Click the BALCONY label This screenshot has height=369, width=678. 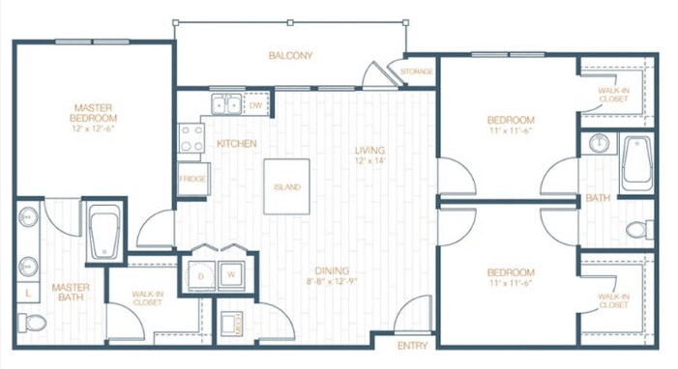[x=290, y=55]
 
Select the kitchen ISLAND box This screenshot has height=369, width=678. [x=286, y=186]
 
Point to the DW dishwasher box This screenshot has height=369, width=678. [x=255, y=103]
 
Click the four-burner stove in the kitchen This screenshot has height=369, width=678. [x=191, y=139]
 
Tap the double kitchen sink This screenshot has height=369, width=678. [x=227, y=103]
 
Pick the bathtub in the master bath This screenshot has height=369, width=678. [x=103, y=232]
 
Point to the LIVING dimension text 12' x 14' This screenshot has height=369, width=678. [x=368, y=161]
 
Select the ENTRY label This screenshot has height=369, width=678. [x=413, y=346]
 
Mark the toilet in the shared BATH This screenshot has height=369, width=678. [x=636, y=230]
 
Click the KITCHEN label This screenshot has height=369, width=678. [x=236, y=144]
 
